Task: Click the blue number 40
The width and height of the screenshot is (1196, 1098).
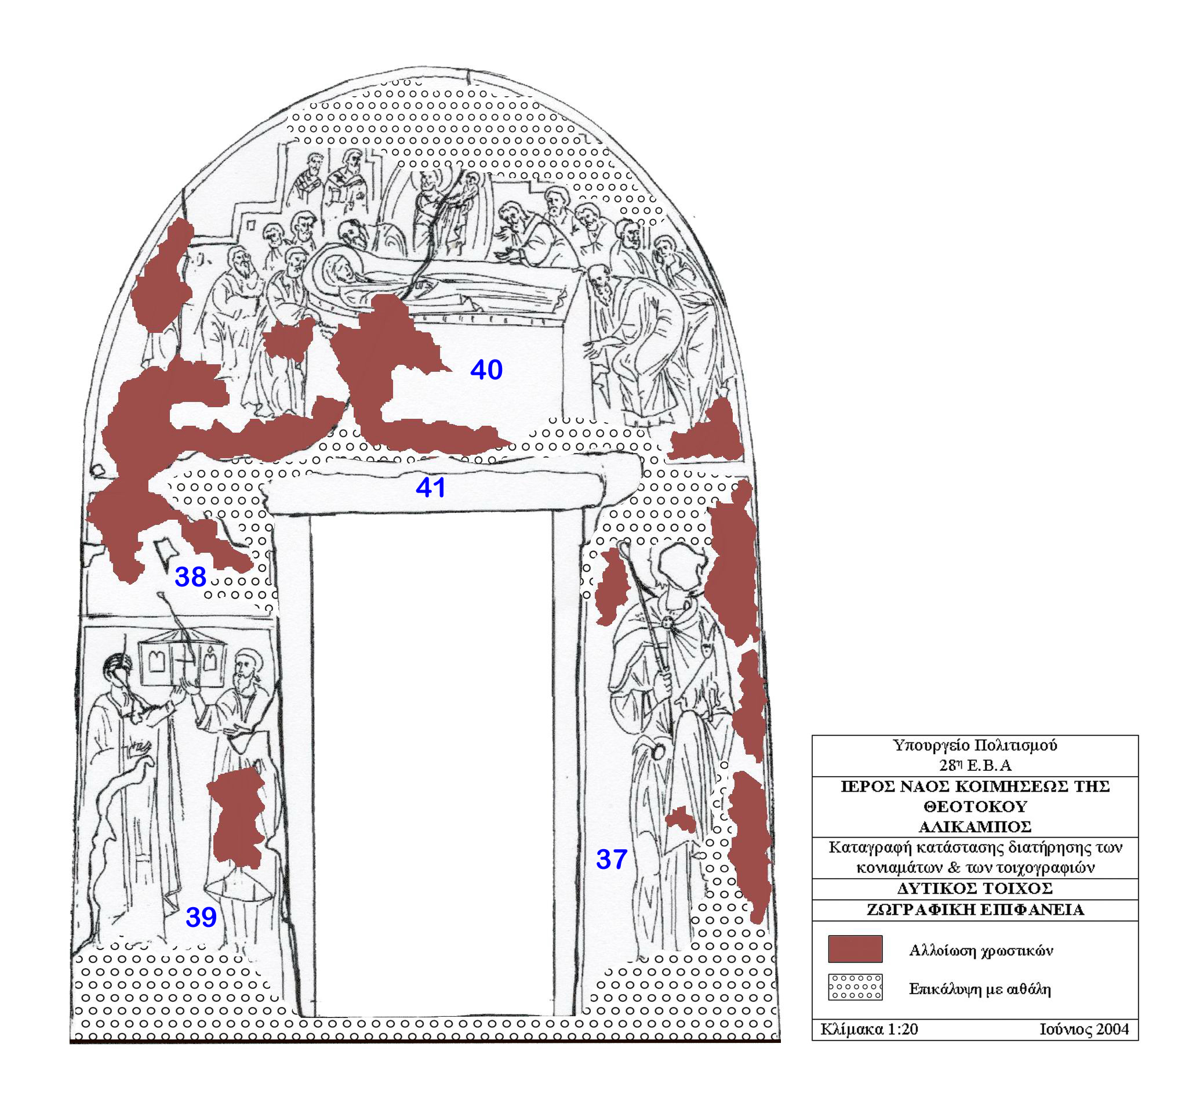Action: (x=486, y=369)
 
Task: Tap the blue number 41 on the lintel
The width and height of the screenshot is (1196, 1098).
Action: (x=431, y=488)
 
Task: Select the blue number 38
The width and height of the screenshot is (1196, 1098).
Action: (x=190, y=577)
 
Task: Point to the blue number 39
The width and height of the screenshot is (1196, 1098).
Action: (x=201, y=918)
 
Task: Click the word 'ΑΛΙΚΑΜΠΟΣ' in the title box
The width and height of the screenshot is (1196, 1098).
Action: (x=975, y=827)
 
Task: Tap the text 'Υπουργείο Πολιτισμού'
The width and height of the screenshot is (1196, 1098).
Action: (x=975, y=746)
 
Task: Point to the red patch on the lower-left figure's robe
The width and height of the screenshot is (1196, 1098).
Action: (x=237, y=818)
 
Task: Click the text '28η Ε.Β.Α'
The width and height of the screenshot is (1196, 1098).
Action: (x=975, y=765)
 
